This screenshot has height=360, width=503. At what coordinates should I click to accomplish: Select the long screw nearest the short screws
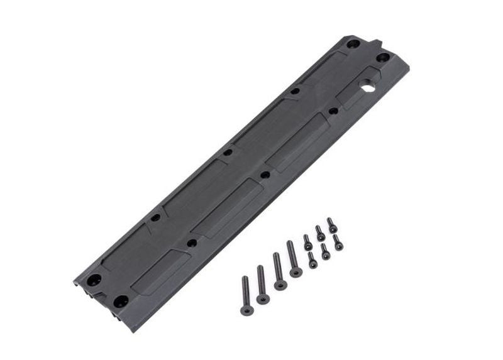292,259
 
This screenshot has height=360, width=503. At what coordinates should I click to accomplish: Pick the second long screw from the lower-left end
262,284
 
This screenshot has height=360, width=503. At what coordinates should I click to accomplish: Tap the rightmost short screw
338,243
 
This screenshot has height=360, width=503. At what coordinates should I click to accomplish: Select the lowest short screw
312,260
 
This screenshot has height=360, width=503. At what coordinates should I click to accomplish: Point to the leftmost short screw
307,243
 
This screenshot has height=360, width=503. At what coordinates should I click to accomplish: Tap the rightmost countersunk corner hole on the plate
382,58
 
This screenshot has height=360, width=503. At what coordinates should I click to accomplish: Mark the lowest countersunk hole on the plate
121,302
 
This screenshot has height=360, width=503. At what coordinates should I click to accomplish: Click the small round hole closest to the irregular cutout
333,111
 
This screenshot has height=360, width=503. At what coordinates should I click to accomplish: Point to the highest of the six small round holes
295,91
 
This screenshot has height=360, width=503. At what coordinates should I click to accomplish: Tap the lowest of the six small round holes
192,243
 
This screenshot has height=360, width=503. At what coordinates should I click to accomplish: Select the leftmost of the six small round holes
155,217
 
